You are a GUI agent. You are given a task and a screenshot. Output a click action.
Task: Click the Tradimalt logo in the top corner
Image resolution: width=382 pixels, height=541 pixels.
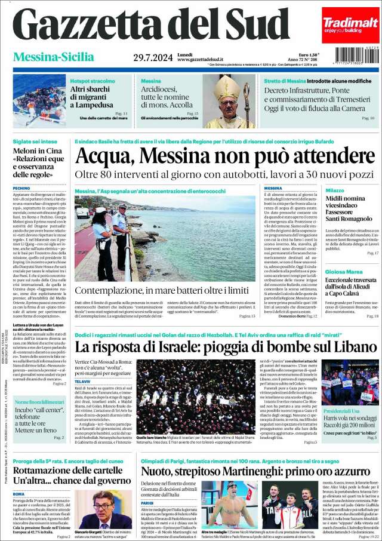click(351, 21)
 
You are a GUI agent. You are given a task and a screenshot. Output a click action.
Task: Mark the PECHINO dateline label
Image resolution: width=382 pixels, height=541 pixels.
click(21, 188)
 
